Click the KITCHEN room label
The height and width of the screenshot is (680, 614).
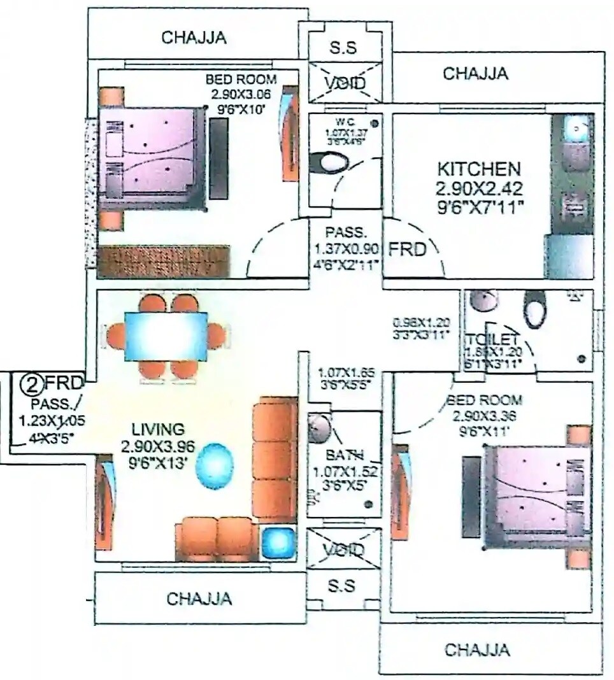pyautogui.click(x=478, y=169)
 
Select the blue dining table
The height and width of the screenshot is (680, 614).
pyautogui.click(x=166, y=336)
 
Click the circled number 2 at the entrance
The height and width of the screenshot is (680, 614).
pyautogui.click(x=30, y=384)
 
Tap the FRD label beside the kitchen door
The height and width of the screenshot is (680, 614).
pyautogui.click(x=407, y=249)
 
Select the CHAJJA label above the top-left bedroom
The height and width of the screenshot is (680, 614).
pyautogui.click(x=194, y=37)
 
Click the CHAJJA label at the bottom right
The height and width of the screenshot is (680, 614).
pyautogui.click(x=476, y=650)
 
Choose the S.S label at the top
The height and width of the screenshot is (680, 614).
pyautogui.click(x=343, y=48)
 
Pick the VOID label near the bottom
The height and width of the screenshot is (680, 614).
pyautogui.click(x=343, y=549)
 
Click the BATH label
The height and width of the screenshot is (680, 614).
pyautogui.click(x=344, y=455)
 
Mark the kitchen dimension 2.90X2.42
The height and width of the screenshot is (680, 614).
pyautogui.click(x=478, y=189)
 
